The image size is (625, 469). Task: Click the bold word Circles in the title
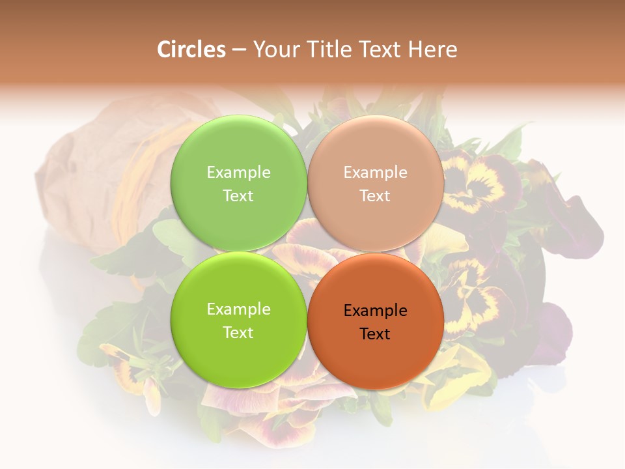191,50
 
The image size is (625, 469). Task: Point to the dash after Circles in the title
239,50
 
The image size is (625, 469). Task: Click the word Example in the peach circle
375,173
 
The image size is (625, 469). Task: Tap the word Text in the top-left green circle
238,195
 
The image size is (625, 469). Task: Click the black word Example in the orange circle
375,310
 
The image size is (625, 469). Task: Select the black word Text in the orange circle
375,334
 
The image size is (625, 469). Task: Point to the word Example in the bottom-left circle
238,309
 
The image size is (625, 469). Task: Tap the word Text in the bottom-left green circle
238,332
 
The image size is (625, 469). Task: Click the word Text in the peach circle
375,195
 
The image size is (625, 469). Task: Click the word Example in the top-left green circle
238,173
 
